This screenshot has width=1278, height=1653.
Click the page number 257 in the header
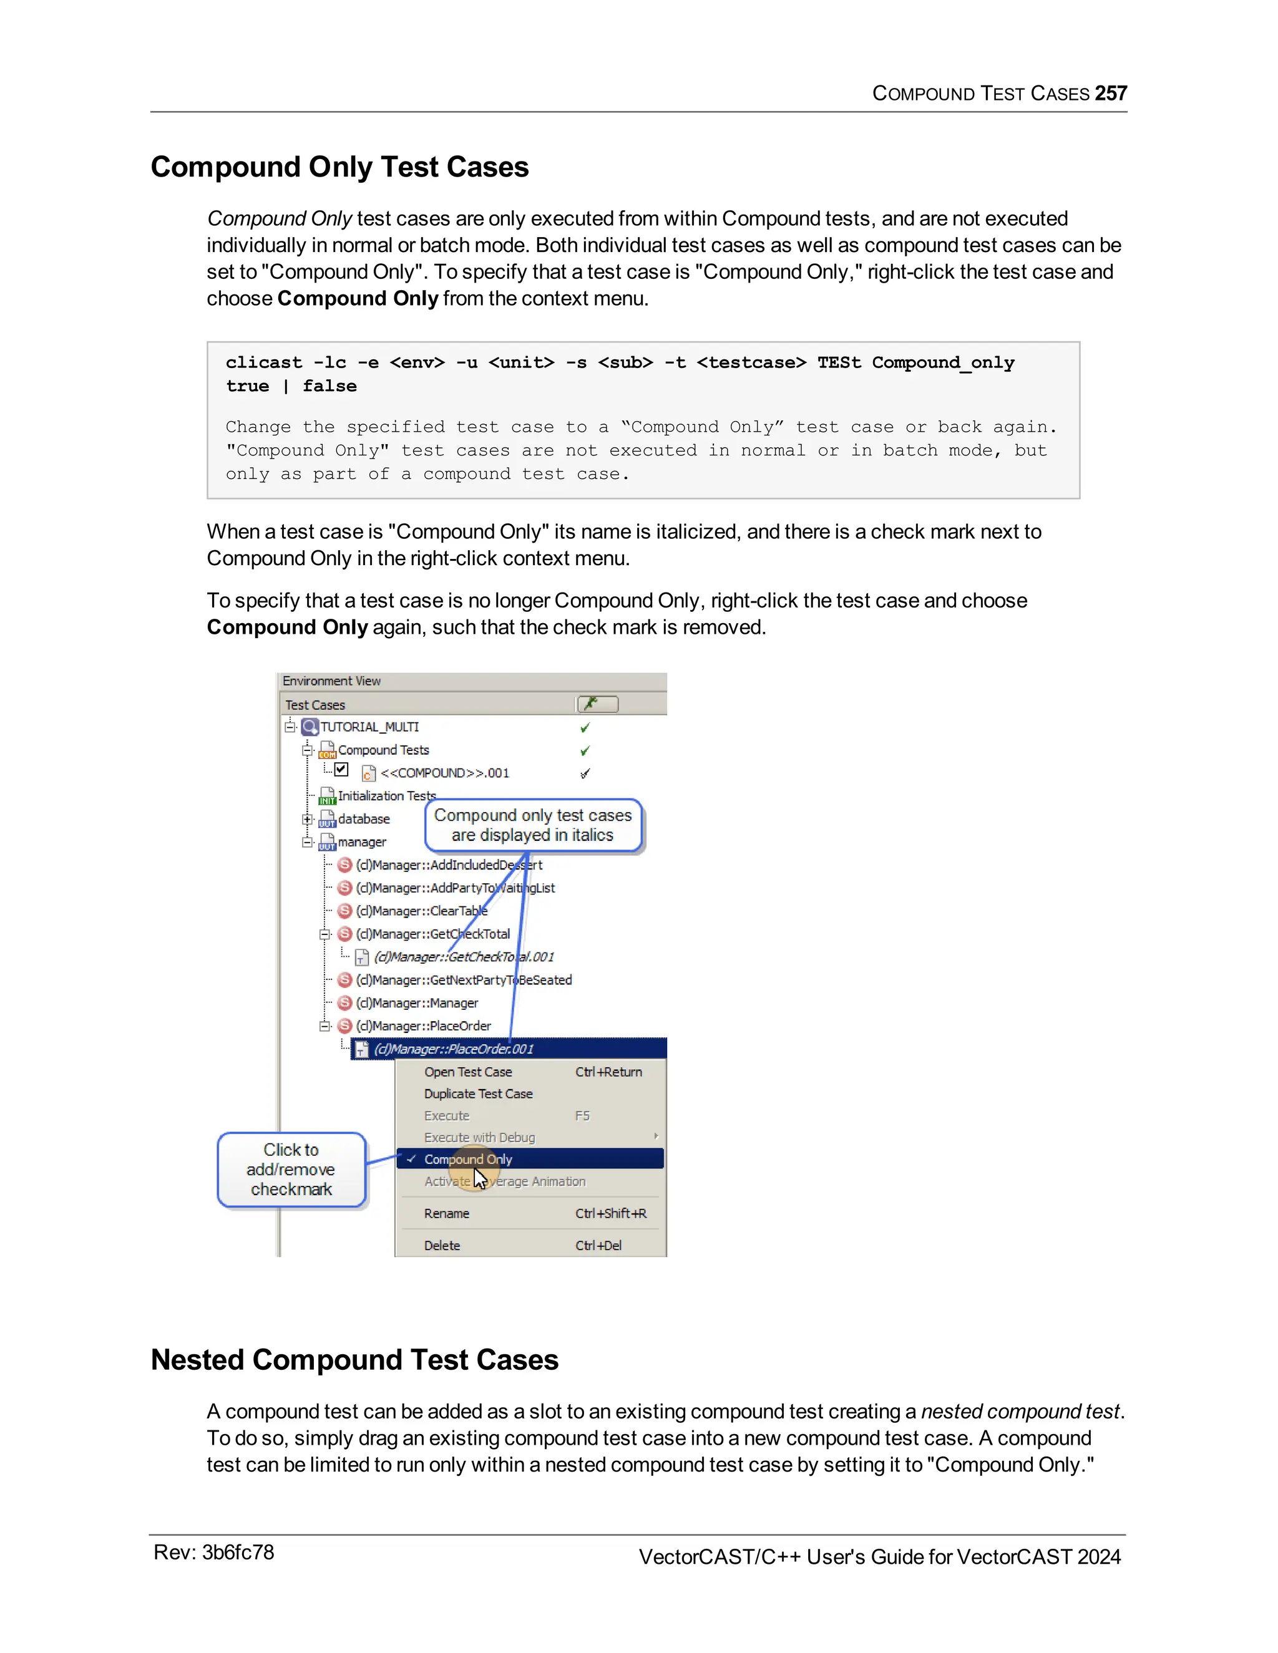click(1110, 93)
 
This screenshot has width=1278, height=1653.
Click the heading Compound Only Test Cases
click(339, 167)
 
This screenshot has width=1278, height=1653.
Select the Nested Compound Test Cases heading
click(354, 1360)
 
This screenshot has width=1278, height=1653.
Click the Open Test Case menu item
click(468, 1072)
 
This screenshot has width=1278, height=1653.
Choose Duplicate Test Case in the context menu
click(478, 1093)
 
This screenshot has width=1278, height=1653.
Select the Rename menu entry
click(447, 1213)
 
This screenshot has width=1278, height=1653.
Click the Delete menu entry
click(442, 1245)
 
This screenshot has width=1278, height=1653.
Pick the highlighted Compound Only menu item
click(468, 1159)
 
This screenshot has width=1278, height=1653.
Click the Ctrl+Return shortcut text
click(608, 1072)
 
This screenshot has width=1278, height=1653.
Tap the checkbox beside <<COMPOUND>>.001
click(341, 770)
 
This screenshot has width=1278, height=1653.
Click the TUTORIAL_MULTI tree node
click(369, 727)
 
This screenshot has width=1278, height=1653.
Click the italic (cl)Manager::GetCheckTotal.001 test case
click(464, 957)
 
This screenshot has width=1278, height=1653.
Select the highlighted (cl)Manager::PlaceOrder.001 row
click(454, 1049)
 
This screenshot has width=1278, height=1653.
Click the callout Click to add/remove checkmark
click(291, 1170)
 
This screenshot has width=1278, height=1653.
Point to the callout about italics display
click(532, 825)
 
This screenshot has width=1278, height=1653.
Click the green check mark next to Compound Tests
click(585, 751)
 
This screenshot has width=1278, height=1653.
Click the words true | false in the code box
click(291, 386)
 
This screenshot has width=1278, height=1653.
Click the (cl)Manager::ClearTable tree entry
click(421, 911)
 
